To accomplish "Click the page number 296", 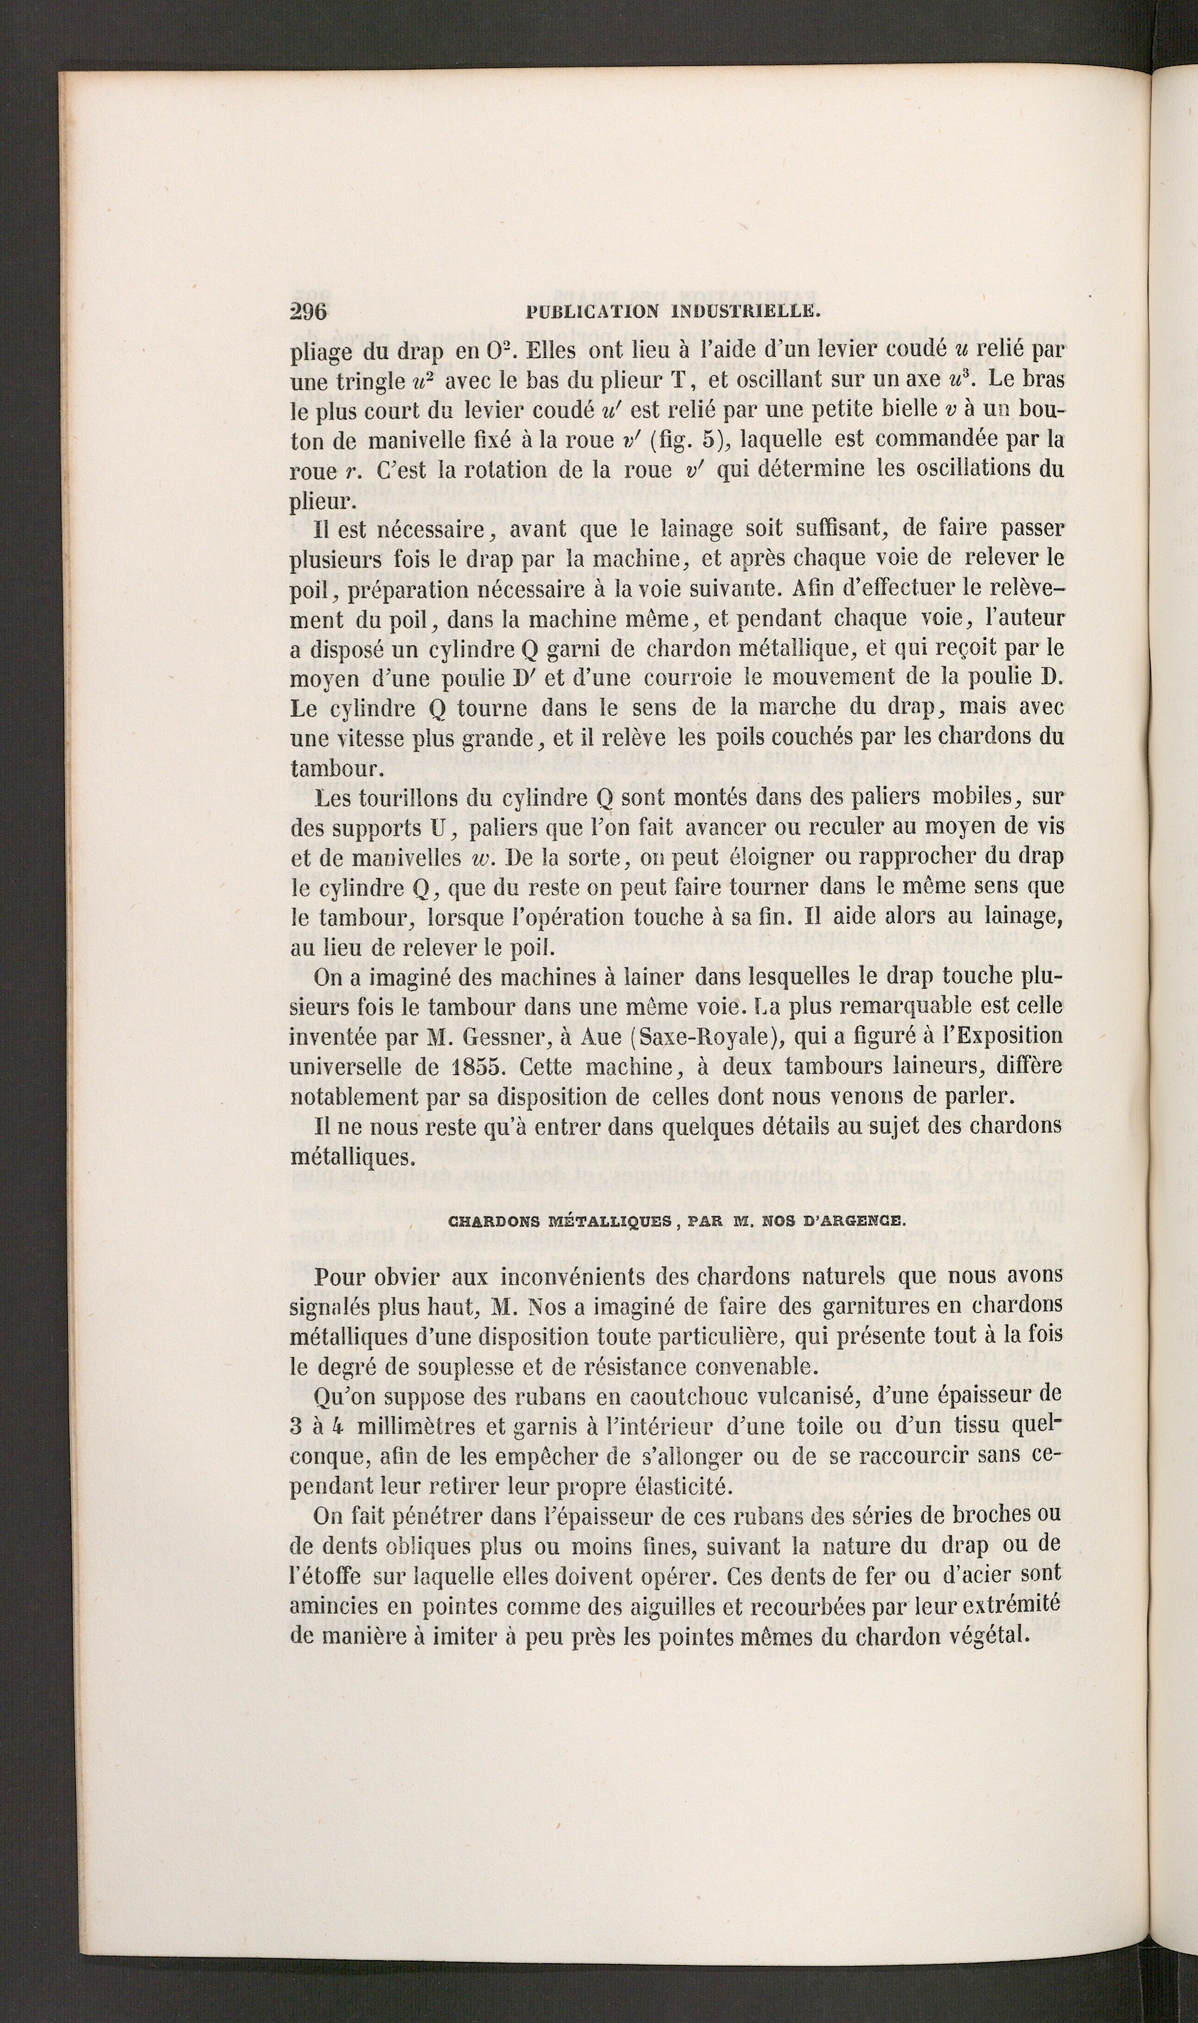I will tap(308, 312).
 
